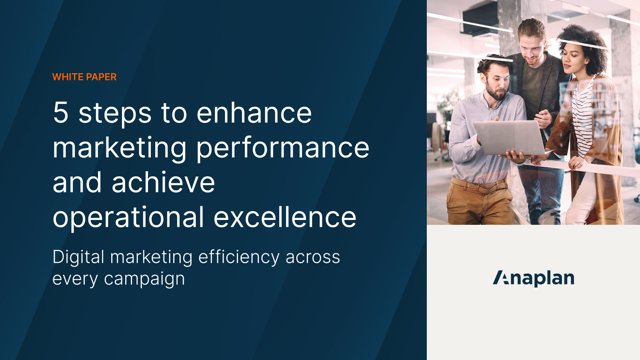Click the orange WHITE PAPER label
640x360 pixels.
[84, 77]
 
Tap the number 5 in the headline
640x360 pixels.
[61, 113]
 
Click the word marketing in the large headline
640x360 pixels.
[119, 148]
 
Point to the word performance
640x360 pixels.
[282, 148]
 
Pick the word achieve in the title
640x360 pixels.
[163, 183]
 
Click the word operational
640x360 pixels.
[128, 218]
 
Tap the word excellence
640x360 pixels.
[285, 218]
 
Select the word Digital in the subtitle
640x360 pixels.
[78, 257]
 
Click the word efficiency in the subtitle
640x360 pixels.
[238, 257]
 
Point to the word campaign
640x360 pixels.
[144, 279]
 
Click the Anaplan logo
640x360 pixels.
[533, 278]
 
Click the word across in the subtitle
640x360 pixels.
[312, 257]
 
